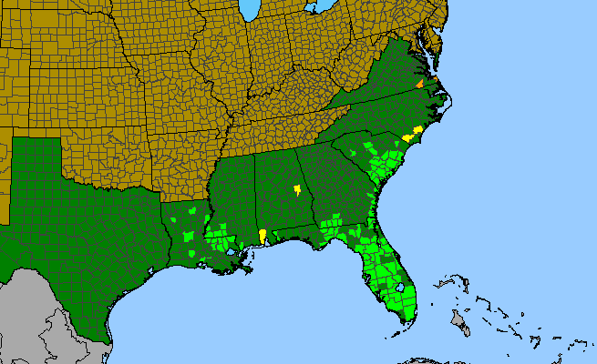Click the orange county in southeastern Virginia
click(x=419, y=84)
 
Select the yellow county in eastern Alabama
click(x=297, y=190)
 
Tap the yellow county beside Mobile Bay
click(x=262, y=236)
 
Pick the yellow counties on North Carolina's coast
click(x=413, y=133)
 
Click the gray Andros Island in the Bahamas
click(x=461, y=321)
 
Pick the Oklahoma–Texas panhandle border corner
click(x=62, y=138)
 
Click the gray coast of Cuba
click(x=428, y=360)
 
